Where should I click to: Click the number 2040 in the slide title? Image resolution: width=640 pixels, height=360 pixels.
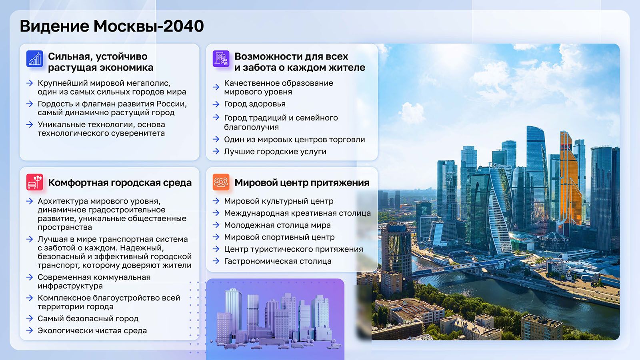coord(184,26)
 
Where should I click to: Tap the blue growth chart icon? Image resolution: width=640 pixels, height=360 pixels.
coord(34,59)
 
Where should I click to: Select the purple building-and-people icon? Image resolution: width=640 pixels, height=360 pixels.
coord(221,59)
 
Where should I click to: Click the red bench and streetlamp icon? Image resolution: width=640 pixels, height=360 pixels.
coord(34,182)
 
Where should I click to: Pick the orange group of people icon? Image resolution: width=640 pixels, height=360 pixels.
coord(221,182)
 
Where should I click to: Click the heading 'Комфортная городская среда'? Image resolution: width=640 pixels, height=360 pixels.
coord(120,183)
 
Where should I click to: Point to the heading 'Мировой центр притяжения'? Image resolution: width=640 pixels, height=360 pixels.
coord(302,183)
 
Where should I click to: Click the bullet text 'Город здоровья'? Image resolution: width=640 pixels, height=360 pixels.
coord(254,104)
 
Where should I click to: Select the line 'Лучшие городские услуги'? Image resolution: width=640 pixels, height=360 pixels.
coord(275,152)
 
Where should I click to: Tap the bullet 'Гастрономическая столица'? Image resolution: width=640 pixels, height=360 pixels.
coord(278,261)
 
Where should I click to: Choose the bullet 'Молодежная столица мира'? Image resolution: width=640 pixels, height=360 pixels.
coord(277,225)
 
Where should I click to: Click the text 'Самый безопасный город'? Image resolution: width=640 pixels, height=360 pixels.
coord(88,318)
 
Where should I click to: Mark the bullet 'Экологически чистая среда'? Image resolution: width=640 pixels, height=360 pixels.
coord(92,330)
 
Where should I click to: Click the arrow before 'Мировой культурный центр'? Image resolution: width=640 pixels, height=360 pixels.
coord(216,201)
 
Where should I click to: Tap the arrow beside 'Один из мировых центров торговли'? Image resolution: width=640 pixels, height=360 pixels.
coord(216,139)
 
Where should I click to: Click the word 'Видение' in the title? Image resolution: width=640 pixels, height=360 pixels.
coord(54,26)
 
